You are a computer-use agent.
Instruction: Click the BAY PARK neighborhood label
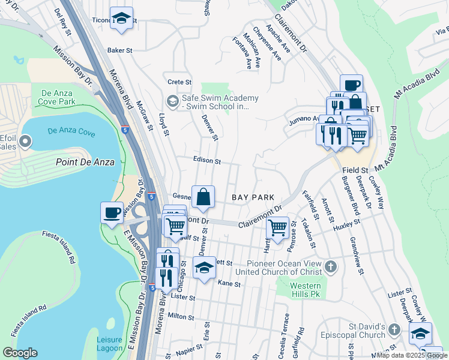(253, 197)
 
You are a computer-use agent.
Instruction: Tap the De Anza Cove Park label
(58, 97)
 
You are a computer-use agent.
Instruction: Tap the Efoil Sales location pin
(25, 142)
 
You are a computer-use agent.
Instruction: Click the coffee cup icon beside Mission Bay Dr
(112, 214)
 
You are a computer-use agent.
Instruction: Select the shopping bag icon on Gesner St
(203, 197)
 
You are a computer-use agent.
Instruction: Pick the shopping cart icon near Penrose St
(277, 228)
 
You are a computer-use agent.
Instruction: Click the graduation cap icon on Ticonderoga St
(122, 19)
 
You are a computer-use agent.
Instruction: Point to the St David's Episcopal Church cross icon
(394, 329)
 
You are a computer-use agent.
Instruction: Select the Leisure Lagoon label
(110, 344)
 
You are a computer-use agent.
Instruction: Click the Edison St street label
(207, 161)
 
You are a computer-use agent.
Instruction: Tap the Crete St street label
(179, 82)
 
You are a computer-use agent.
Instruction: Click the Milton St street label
(181, 316)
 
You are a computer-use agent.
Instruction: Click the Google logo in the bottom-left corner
(20, 353)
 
